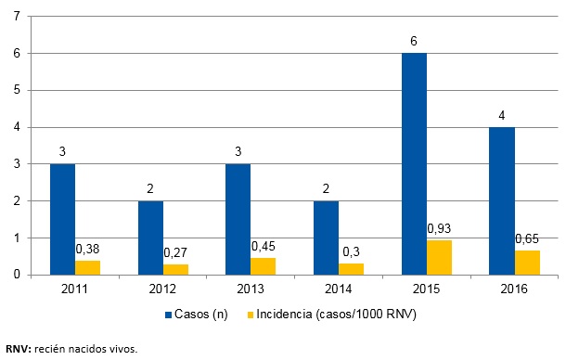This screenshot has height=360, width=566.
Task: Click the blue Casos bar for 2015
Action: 413,164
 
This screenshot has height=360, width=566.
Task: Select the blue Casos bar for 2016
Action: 501,200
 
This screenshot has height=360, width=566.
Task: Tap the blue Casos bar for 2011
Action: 62,219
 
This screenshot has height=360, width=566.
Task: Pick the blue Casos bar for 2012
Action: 150,238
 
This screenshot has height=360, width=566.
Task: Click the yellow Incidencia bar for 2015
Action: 439,257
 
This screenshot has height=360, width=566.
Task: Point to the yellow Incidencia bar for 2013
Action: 264,266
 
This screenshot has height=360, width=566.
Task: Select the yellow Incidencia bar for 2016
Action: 526,263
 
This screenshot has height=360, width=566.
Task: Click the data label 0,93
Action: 439,228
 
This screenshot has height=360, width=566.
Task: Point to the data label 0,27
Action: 175,252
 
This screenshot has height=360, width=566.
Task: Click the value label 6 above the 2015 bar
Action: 413,42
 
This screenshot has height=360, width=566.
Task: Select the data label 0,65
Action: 526,238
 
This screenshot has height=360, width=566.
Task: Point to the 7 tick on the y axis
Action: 18,17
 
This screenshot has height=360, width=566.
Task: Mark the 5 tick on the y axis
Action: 18,91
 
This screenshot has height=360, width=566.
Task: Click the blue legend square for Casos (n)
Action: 168,315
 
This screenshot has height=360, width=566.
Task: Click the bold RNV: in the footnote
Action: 20,349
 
